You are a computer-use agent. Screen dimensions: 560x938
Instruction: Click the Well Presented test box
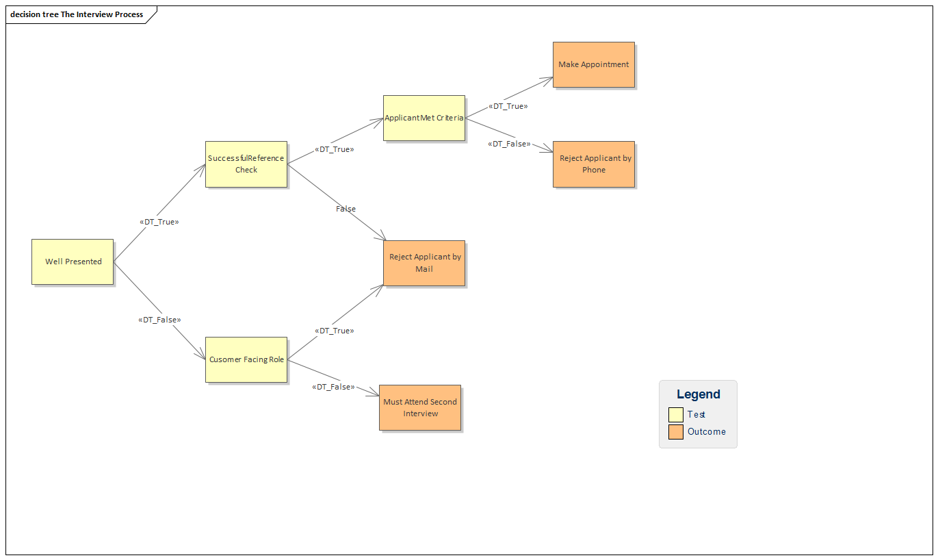(x=73, y=262)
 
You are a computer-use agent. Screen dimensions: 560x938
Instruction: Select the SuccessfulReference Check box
(x=246, y=164)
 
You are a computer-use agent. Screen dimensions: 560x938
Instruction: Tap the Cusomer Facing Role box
(x=246, y=359)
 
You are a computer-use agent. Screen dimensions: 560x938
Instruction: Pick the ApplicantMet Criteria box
(x=424, y=118)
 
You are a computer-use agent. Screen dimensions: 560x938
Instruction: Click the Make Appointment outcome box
(x=593, y=64)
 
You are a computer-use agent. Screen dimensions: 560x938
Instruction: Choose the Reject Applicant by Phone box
(x=593, y=164)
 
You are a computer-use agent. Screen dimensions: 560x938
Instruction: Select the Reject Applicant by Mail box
(x=424, y=263)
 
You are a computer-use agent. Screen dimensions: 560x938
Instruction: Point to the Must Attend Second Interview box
(x=420, y=407)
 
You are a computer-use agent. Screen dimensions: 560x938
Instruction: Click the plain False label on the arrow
(x=346, y=209)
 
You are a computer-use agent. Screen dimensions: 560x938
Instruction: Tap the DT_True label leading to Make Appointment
(x=508, y=107)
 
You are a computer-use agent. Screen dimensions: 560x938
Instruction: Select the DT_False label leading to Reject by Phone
(x=509, y=144)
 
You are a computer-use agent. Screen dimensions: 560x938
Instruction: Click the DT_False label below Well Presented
(x=159, y=320)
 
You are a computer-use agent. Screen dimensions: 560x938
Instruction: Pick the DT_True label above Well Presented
(x=159, y=222)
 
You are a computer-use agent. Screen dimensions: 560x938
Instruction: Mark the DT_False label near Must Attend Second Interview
(x=333, y=387)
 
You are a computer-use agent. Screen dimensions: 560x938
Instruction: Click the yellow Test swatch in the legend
(x=675, y=414)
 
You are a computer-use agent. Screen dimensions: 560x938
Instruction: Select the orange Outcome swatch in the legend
(x=675, y=432)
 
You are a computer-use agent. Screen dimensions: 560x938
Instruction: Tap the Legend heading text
(x=698, y=394)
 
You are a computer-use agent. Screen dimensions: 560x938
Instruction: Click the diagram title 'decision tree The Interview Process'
(x=77, y=14)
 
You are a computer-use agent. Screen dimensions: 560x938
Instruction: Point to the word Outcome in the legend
(x=706, y=432)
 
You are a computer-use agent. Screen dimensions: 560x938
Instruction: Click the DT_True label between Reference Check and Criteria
(x=334, y=149)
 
